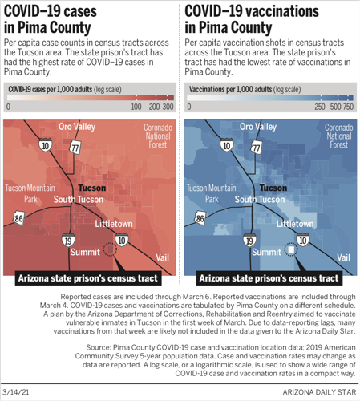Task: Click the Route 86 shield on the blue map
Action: (200, 217)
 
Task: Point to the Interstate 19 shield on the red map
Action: (69, 239)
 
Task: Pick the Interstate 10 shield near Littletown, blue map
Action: (302, 239)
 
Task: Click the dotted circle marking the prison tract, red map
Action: (110, 250)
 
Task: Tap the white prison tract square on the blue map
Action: (290, 250)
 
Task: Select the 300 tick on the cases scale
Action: (168, 106)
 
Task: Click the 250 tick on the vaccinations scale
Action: (318, 106)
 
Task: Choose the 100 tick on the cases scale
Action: (135, 106)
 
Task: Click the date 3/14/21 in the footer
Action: (17, 392)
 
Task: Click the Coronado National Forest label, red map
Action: (158, 136)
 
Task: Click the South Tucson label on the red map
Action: (76, 199)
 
